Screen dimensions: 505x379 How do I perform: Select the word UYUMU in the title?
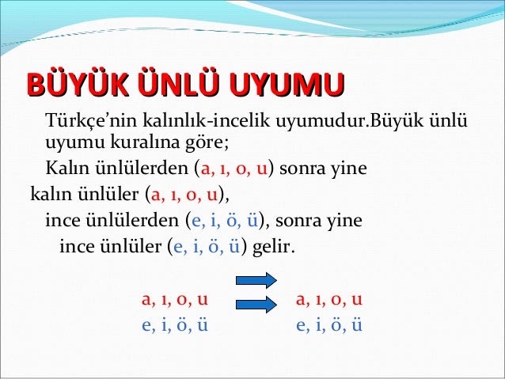287,84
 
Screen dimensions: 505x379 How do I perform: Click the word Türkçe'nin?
92,120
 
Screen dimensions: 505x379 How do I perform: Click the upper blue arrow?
256,280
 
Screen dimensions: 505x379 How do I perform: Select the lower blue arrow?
256,305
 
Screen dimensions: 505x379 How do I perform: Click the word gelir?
273,246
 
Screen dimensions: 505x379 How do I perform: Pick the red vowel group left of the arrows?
175,299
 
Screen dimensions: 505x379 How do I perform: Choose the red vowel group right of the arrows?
329,299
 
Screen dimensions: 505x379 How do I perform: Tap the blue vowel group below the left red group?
175,324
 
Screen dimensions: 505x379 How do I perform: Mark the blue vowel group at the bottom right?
329,324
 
